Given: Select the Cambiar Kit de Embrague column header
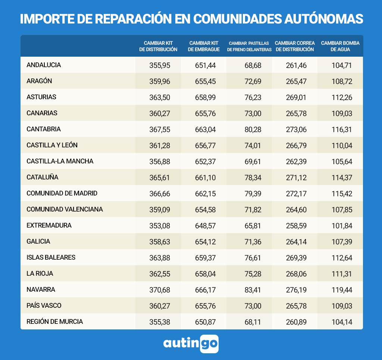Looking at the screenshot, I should [204, 46].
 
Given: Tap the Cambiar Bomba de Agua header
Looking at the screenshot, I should [340, 46].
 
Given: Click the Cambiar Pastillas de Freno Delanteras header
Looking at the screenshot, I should [250, 46].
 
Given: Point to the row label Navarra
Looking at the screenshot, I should [41, 289].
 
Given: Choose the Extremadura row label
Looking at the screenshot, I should [49, 225].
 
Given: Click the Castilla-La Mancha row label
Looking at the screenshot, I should [60, 161].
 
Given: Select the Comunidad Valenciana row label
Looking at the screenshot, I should [65, 209].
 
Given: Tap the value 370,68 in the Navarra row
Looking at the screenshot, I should [160, 290].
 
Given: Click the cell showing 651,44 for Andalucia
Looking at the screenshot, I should [205, 65].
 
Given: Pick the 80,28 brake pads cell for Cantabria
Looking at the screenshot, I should [253, 129].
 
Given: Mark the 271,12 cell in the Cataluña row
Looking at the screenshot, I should [296, 178].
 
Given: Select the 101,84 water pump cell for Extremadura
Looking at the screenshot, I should [342, 226].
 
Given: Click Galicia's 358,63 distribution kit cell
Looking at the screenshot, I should [160, 242].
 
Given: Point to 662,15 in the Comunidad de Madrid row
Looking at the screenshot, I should [205, 194].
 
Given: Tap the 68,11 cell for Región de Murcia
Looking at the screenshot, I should [253, 322].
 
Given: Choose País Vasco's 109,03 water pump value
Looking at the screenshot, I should [342, 306].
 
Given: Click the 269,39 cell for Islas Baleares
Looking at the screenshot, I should [296, 258].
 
